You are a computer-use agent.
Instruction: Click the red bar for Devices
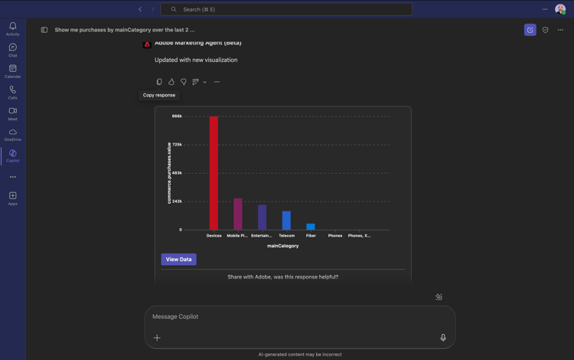click(x=214, y=173)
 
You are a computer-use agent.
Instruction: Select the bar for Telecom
click(x=286, y=221)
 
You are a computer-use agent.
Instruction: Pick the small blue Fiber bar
click(x=311, y=227)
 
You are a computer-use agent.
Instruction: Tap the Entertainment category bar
click(x=262, y=218)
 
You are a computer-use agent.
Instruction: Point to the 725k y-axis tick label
click(x=177, y=145)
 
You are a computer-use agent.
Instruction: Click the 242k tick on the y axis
click(x=177, y=201)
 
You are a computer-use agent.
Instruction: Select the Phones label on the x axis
click(x=335, y=236)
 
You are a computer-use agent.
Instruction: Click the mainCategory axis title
click(x=283, y=246)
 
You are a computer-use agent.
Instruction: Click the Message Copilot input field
click(x=291, y=316)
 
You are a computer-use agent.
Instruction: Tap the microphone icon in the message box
click(x=443, y=338)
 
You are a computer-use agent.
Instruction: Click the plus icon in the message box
click(x=157, y=338)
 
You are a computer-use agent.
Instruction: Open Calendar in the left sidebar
click(x=13, y=70)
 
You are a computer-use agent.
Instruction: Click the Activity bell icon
click(x=13, y=27)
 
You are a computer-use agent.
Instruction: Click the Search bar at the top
click(x=286, y=9)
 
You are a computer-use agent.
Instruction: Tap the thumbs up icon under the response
click(x=171, y=82)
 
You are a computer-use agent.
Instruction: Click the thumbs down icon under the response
click(x=183, y=82)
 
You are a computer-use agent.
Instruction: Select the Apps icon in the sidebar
click(x=13, y=198)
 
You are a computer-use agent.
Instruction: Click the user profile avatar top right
click(x=560, y=9)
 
